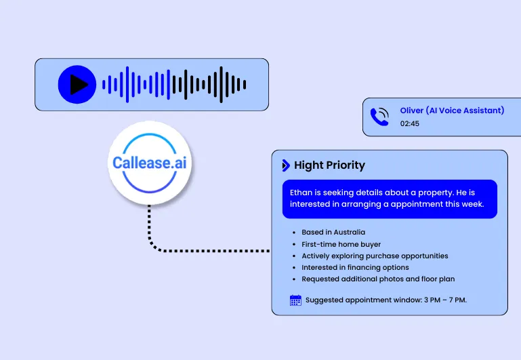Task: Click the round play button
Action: [x=77, y=85]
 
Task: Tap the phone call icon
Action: [x=379, y=117]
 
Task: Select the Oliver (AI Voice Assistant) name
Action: [x=452, y=111]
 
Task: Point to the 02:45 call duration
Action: [x=409, y=124]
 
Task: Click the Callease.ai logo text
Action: [x=149, y=163]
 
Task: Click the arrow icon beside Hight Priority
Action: [x=286, y=165]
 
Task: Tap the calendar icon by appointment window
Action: [x=295, y=300]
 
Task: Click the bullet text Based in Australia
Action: [x=333, y=233]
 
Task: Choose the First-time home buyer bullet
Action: [x=341, y=244]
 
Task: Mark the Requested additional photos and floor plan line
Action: [x=378, y=279]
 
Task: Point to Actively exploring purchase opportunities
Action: [x=375, y=256]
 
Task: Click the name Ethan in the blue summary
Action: [x=301, y=193]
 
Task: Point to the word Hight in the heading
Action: [x=308, y=165]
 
